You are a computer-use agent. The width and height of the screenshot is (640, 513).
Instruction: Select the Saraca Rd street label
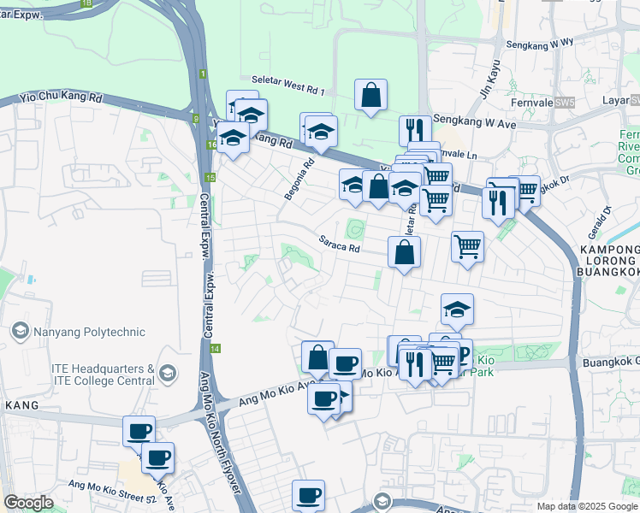click(339, 245)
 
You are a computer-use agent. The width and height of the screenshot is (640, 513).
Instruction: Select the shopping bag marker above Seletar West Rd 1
click(371, 96)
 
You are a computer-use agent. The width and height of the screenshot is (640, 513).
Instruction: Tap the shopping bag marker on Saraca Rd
click(405, 252)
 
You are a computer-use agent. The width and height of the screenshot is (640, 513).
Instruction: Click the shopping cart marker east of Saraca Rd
click(467, 247)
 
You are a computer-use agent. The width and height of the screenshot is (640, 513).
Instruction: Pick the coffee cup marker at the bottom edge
click(309, 495)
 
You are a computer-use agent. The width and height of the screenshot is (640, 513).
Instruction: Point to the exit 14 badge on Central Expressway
click(215, 349)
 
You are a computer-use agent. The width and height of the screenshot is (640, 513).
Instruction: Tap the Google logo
click(28, 503)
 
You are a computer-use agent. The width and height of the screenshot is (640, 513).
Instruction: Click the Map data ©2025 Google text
click(586, 506)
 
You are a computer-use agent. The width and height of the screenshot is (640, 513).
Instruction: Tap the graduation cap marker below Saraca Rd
click(458, 310)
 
